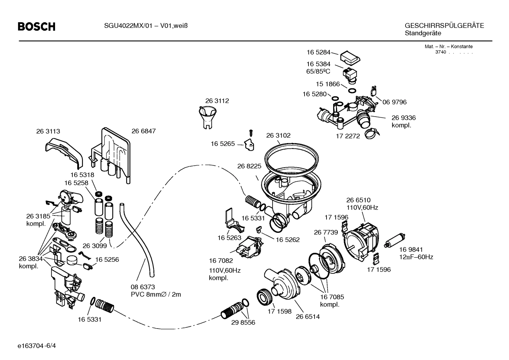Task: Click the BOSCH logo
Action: pyautogui.click(x=37, y=26)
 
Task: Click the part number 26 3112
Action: pyautogui.click(x=217, y=101)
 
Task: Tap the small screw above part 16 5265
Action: pyautogui.click(x=251, y=134)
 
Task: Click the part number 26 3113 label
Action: pyautogui.click(x=48, y=131)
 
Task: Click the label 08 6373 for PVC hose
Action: pyautogui.click(x=143, y=287)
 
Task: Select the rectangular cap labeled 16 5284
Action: pyautogui.click(x=349, y=57)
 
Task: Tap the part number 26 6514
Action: pyautogui.click(x=308, y=317)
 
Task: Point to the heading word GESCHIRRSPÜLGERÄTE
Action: pyautogui.click(x=444, y=26)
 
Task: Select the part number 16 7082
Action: pyautogui.click(x=221, y=261)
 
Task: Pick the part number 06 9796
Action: pyautogui.click(x=395, y=102)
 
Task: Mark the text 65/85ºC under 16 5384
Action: pyautogui.click(x=318, y=71)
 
